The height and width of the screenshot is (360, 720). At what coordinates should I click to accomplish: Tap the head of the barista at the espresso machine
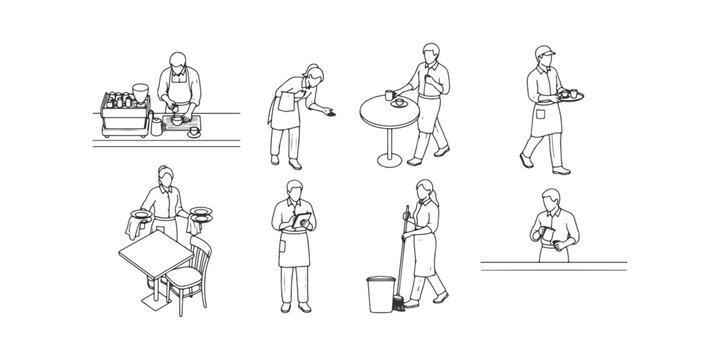coord(176,59)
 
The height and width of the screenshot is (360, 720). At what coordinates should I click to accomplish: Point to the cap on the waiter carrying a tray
coord(542,50)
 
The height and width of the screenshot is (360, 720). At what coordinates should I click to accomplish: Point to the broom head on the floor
coord(399,304)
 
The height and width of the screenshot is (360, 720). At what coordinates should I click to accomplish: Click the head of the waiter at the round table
coord(428,53)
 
